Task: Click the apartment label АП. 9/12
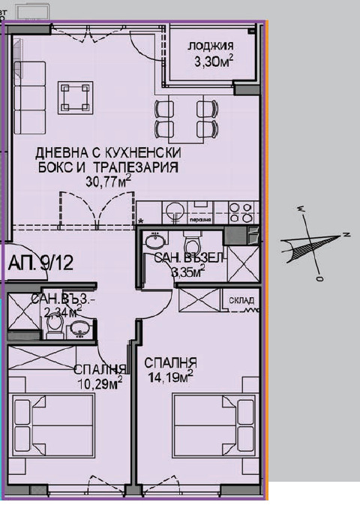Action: (x=41, y=263)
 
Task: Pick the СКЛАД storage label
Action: (x=241, y=302)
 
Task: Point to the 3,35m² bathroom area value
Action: (x=188, y=272)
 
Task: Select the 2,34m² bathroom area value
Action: (x=63, y=313)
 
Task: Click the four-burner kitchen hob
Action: (x=242, y=212)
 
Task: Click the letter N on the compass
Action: (x=347, y=235)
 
